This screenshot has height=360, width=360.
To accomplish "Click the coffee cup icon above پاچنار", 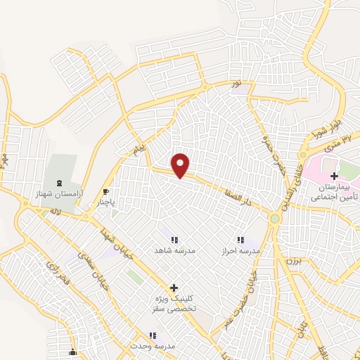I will coord(106,191).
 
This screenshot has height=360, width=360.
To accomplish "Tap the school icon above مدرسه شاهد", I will coord(174,239).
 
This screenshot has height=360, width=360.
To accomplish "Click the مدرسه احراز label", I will coord(242,250).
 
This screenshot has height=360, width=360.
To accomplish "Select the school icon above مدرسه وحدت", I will coord(152,336).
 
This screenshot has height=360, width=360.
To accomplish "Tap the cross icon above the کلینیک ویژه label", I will coord(174,288).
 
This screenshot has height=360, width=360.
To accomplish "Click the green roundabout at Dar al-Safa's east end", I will coord(274,219).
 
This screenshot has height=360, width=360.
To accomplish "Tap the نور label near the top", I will coord(237,84).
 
